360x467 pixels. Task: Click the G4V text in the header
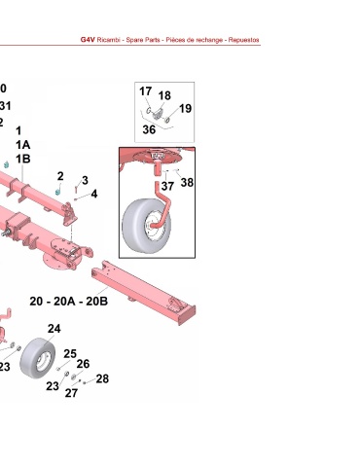88,40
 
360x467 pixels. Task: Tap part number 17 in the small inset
146,91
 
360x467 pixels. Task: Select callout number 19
185,108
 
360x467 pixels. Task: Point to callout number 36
149,129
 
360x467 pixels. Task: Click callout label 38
187,183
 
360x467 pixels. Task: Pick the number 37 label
167,187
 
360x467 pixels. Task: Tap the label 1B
23,159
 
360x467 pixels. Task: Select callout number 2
60,176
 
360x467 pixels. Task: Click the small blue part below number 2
58,191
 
